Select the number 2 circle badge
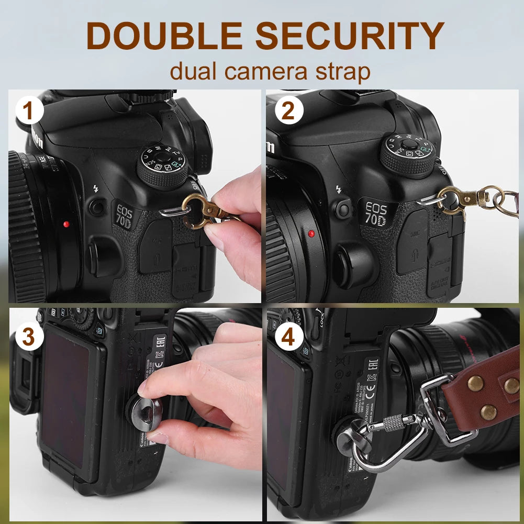coord(288,112)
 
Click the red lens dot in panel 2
coord(311,233)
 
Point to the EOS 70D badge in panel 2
coord(376,214)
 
